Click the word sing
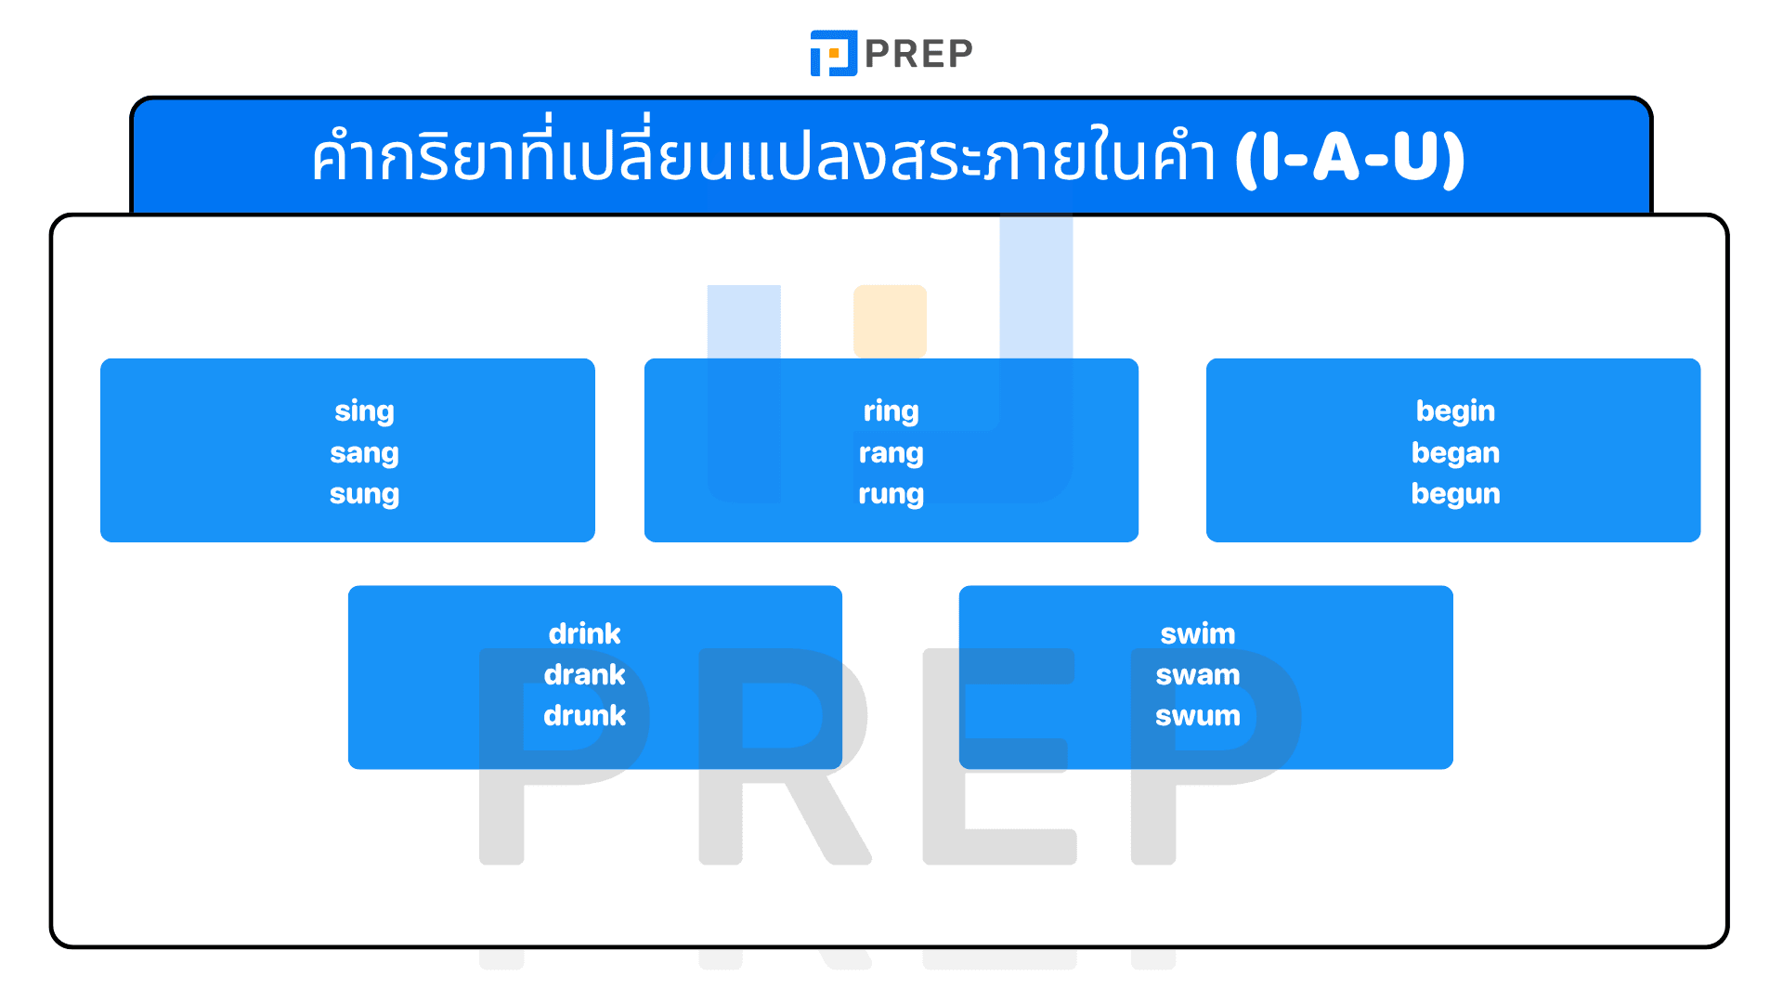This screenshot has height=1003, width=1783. click(x=364, y=411)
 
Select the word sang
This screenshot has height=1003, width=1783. click(x=364, y=453)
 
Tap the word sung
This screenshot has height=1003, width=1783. click(x=364, y=494)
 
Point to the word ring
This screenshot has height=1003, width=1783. click(x=891, y=411)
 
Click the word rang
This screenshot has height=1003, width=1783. click(x=891, y=453)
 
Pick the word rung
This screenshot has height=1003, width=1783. click(x=891, y=494)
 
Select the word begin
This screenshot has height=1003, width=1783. click(x=1455, y=411)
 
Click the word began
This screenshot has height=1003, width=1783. click(x=1455, y=453)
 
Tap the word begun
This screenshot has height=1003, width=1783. click(x=1455, y=494)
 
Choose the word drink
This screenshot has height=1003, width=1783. click(x=584, y=634)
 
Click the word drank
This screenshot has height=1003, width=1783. click(x=584, y=675)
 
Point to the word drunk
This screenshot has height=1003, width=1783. click(x=584, y=716)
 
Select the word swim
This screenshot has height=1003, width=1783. click(x=1198, y=634)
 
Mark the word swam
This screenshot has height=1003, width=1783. click(x=1198, y=675)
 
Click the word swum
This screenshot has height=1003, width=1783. click(x=1198, y=716)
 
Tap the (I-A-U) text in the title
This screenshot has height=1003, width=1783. click(x=1349, y=158)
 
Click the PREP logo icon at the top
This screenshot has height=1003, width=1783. click(x=833, y=53)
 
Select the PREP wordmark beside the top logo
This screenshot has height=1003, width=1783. click(x=918, y=54)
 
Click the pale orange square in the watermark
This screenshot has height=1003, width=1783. click(x=890, y=320)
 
